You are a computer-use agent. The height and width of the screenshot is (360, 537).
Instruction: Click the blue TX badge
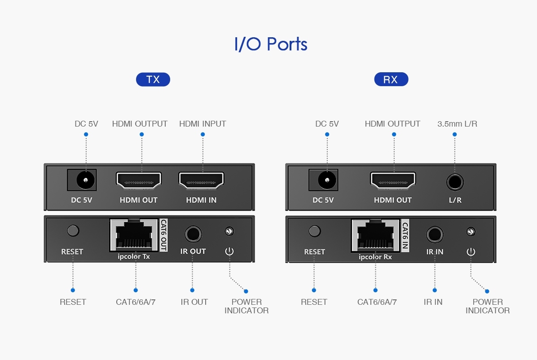pyautogui.click(x=153, y=79)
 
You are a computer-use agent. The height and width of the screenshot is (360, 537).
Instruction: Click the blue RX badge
pyautogui.click(x=391, y=79)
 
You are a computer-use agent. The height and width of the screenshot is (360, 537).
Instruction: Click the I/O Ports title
pyautogui.click(x=271, y=44)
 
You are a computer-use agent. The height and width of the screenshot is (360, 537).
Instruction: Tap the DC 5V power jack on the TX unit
pyautogui.click(x=85, y=180)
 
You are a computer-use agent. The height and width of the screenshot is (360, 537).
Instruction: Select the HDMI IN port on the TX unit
pyautogui.click(x=201, y=180)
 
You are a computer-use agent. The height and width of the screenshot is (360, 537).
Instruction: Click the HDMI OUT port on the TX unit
pyautogui.click(x=139, y=180)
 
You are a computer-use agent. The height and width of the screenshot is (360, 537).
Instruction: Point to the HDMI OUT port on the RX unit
pyautogui.click(x=393, y=180)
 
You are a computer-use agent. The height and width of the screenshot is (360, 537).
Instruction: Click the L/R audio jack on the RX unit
pyautogui.click(x=455, y=182)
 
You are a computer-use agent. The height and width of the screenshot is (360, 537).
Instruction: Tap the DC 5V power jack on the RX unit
pyautogui.click(x=327, y=180)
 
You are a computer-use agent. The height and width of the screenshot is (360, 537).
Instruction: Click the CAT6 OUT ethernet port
pyautogui.click(x=134, y=235)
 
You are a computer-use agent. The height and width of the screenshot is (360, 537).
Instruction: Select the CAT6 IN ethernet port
pyautogui.click(x=375, y=236)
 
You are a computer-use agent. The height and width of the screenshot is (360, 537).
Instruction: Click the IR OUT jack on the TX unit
pyautogui.click(x=193, y=234)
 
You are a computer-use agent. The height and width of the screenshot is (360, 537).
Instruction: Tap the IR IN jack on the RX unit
pyautogui.click(x=435, y=235)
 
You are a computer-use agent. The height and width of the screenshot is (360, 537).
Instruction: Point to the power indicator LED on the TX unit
pyautogui.click(x=229, y=231)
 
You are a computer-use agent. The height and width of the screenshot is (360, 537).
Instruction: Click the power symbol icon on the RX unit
pyautogui.click(x=471, y=252)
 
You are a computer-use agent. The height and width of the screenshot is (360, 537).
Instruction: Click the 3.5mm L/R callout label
pyautogui.click(x=457, y=123)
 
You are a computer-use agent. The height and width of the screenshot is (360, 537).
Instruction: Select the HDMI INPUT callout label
pyautogui.click(x=203, y=123)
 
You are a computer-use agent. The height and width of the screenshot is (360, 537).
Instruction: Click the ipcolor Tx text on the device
pyautogui.click(x=134, y=257)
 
